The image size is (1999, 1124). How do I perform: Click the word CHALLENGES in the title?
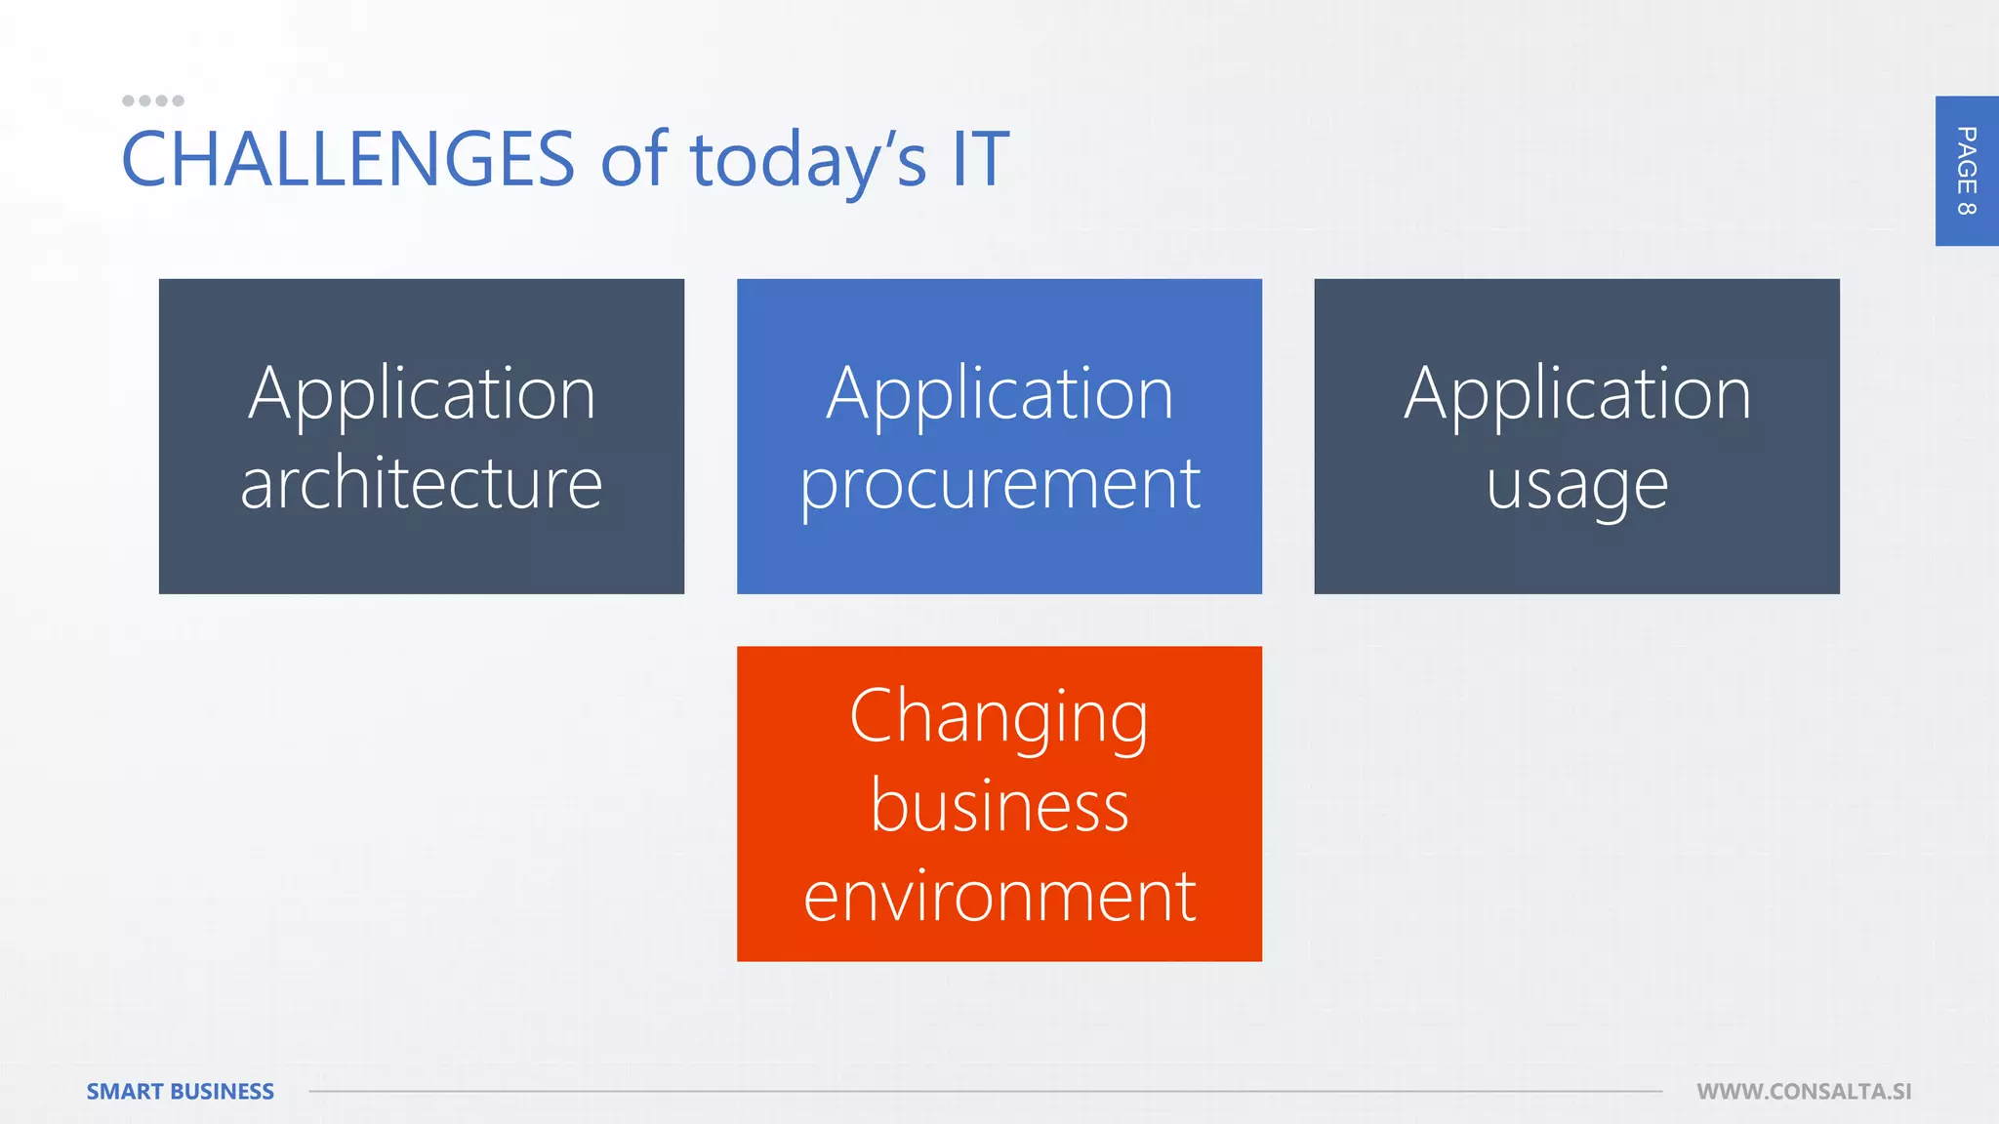pos(347,159)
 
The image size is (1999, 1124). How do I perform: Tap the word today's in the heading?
pos(808,159)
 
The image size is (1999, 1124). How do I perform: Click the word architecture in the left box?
pos(421,483)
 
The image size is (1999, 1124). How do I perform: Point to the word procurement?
pos(999,483)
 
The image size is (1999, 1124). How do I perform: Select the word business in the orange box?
pos(999,806)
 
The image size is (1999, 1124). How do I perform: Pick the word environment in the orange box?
pos(999,896)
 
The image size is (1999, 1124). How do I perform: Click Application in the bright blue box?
pos(999,394)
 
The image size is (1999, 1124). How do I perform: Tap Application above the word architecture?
pos(422,394)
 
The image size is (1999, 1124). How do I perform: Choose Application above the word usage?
pos(1577,394)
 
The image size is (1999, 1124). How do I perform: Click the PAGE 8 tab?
pos(1966,171)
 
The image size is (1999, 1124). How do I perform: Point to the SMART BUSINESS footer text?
pos(180,1091)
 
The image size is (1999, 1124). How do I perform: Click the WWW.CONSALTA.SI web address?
pos(1804,1091)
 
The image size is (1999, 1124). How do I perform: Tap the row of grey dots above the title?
pos(152,100)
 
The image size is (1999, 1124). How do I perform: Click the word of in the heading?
pos(633,159)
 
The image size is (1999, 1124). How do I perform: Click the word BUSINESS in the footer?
pos(222,1091)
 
